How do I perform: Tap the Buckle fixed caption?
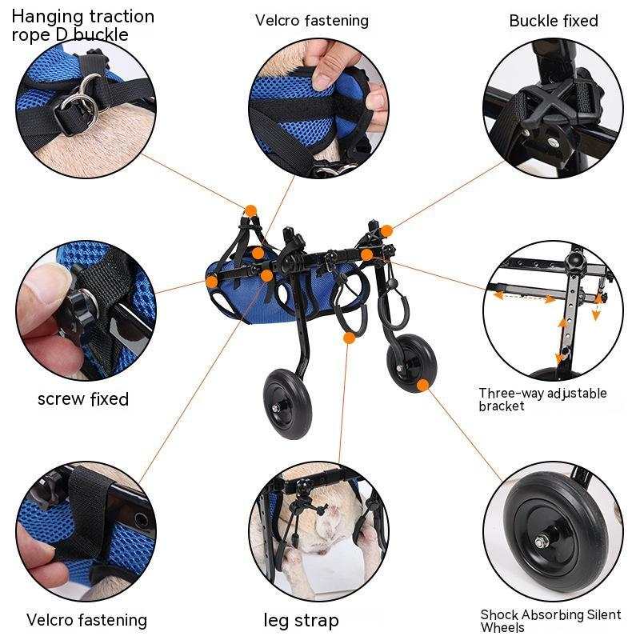[x=554, y=21]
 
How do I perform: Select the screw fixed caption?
[x=83, y=398]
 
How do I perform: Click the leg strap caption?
[x=302, y=621]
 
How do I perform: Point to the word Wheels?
[x=503, y=628]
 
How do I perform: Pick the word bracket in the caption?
[x=502, y=406]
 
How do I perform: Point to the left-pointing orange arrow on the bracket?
[x=498, y=295]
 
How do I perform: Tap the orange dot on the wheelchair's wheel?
[x=422, y=385]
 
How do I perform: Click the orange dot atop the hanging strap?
[x=250, y=210]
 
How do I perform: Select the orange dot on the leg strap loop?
[x=349, y=338]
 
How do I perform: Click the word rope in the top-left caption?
[x=30, y=35]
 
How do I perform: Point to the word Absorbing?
[x=556, y=615]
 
